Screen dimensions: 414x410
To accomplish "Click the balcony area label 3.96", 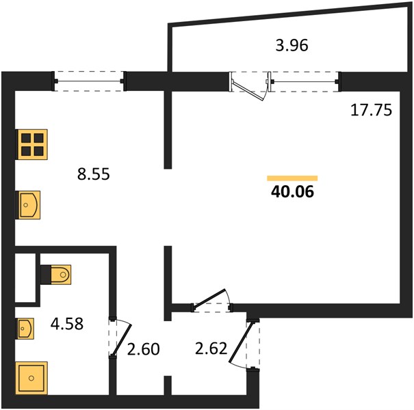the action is pos(292,45).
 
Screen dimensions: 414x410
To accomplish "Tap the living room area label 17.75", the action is pos(371,110).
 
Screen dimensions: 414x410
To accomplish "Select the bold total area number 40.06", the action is pos(293,191).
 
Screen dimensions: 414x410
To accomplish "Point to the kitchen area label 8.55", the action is pos(94,174).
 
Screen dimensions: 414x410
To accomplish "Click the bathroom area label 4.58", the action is pos(67,324).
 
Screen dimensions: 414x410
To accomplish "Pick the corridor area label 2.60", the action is pos(144,349).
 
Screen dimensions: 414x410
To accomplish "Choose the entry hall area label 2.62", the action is pos(211,348).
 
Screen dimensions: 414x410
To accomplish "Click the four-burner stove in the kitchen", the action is pos(32,144).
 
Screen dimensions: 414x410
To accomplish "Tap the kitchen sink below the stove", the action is pos(29,205).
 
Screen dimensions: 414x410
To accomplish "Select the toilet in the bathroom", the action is pos(56,275).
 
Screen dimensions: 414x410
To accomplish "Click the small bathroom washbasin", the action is pos(25,329).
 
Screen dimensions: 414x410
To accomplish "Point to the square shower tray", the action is pos(31,378).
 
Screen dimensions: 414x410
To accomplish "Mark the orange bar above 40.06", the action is pos(292,178).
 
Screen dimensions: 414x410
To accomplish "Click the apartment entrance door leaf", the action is pos(241,342).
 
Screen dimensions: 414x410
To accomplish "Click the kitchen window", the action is pos(89,81).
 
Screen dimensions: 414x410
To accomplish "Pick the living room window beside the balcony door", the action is pos(305,81).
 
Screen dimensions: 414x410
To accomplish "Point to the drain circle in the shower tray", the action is pos(31,378).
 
